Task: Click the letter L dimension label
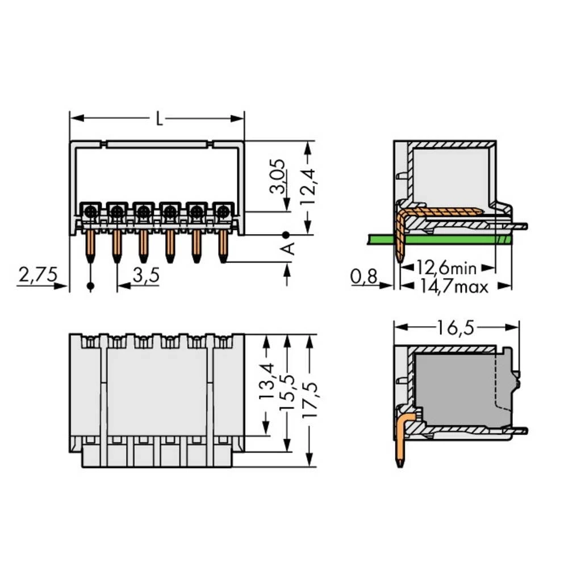tap(159, 119)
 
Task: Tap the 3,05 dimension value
tap(278, 176)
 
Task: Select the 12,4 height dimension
tap(308, 187)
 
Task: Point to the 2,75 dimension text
tap(38, 275)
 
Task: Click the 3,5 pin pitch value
tap(146, 275)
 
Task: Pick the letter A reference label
tap(289, 249)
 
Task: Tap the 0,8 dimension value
tap(364, 277)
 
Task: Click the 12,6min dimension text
tap(446, 268)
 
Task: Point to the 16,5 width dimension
tap(456, 328)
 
